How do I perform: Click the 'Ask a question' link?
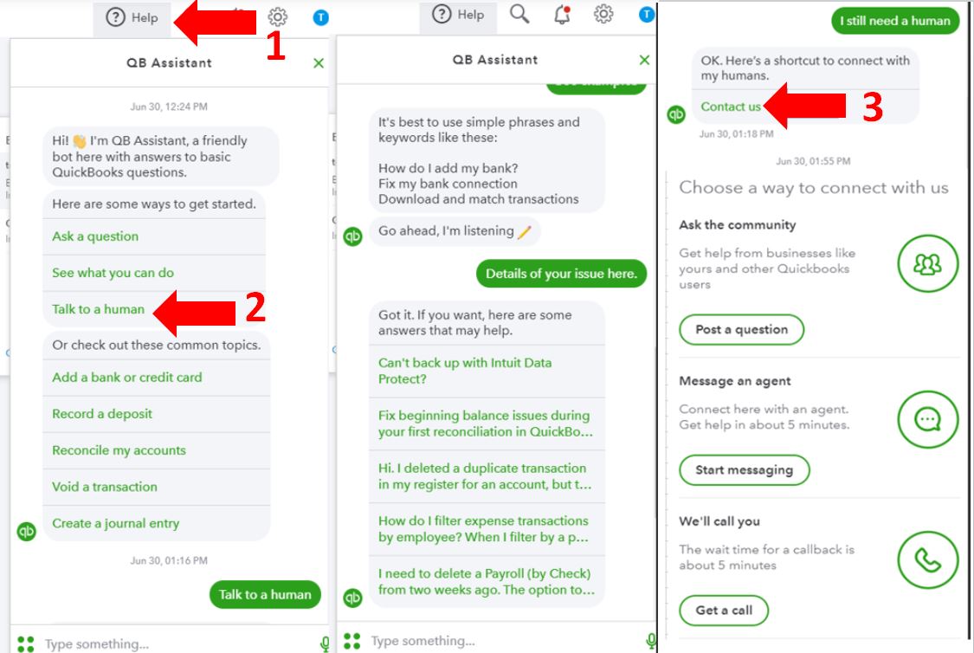tap(95, 236)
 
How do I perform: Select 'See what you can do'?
tap(113, 273)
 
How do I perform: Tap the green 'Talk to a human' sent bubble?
tap(265, 595)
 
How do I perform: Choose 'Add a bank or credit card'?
tap(126, 377)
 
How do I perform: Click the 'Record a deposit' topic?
tap(102, 414)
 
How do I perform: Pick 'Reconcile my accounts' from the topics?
tap(119, 450)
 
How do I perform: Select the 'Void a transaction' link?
tap(105, 487)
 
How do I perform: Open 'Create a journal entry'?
tap(115, 524)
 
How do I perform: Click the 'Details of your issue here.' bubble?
tap(562, 274)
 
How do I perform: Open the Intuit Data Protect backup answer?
tap(465, 371)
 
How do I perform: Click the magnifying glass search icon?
tap(519, 14)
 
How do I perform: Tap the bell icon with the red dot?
tap(562, 15)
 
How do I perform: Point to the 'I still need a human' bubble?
tap(895, 21)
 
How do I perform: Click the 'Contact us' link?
tap(731, 107)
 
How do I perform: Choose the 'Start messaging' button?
tap(745, 469)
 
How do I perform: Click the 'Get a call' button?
tap(724, 610)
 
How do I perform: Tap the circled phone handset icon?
tap(928, 559)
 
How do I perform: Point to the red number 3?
tap(873, 107)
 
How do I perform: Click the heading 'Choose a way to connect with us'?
tap(814, 188)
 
